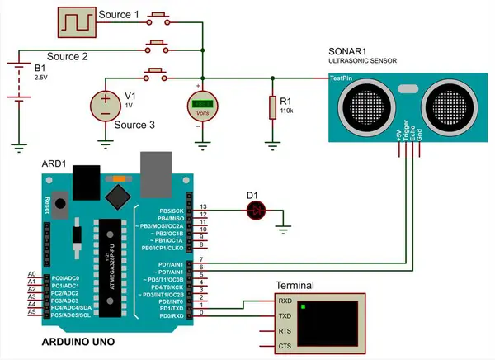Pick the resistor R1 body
pyautogui.click(x=271, y=107)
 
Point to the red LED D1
pyautogui.click(x=257, y=211)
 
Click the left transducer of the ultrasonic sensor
pyautogui.click(x=361, y=107)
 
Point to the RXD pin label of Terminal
pyautogui.click(x=285, y=301)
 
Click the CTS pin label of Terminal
pyautogui.click(x=285, y=345)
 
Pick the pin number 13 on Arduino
pyautogui.click(x=203, y=206)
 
